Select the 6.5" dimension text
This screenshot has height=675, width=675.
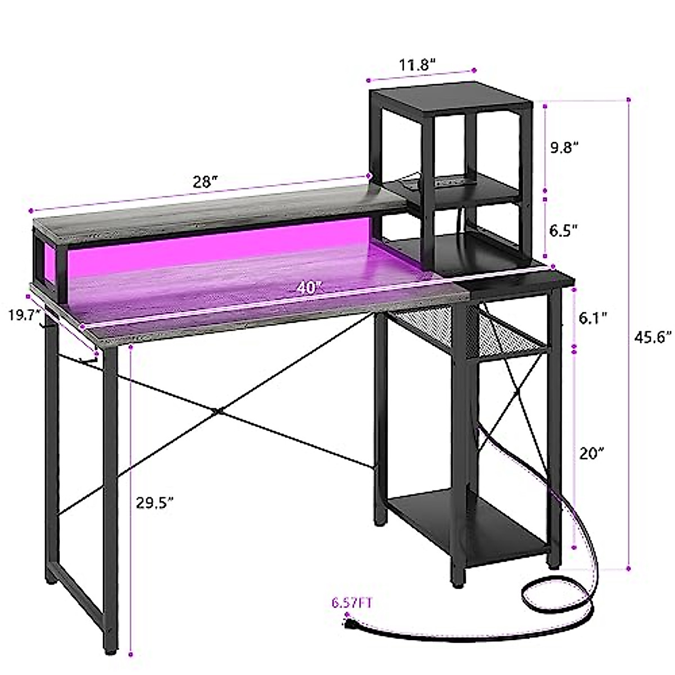point(564,229)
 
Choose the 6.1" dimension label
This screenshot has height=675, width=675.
point(594,318)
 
